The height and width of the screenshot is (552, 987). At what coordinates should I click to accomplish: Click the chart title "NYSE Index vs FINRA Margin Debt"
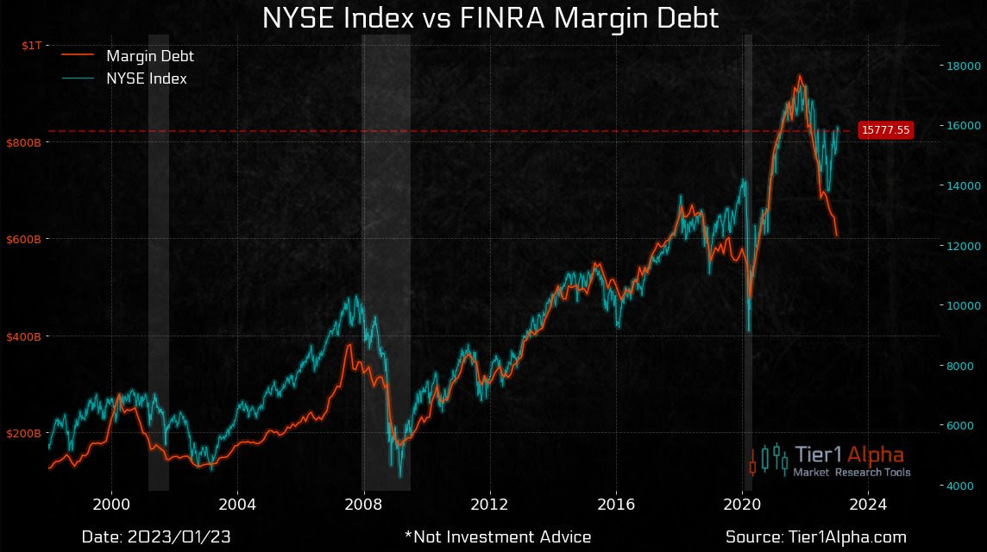pos(490,19)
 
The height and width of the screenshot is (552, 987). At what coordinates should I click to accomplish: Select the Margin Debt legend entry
pos(149,57)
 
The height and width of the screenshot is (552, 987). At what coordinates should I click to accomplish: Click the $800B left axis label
pos(24,141)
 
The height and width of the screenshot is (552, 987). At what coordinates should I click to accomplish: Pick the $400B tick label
pos(24,336)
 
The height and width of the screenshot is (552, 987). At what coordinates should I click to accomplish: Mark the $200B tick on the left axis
pos(24,432)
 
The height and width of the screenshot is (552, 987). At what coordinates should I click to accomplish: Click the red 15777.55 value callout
pos(886,130)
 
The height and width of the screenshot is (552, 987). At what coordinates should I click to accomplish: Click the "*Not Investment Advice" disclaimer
pos(497,537)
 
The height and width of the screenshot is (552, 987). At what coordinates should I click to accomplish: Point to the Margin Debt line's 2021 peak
pos(800,76)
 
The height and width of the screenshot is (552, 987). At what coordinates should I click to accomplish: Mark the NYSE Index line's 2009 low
pos(400,475)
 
